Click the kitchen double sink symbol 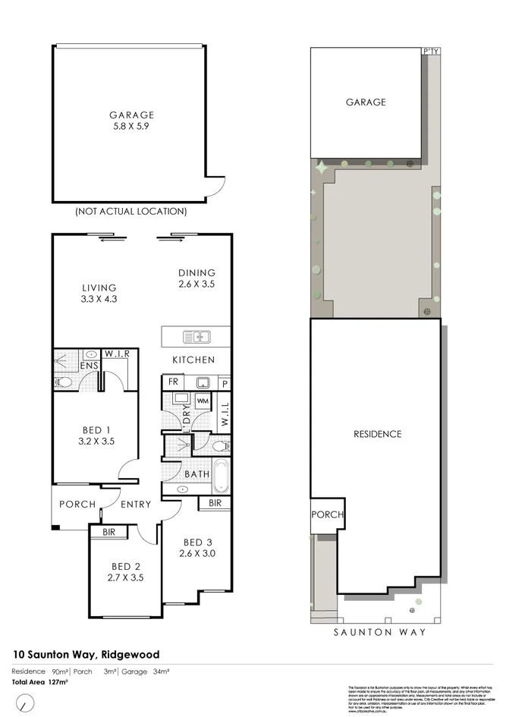tap(196, 336)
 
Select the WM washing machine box tap(203, 400)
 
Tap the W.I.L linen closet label tap(224, 414)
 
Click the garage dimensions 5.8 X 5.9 tap(130, 127)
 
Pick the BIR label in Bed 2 tap(108, 533)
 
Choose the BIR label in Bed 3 tap(214, 502)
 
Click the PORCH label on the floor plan tap(77, 505)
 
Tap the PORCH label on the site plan tap(327, 514)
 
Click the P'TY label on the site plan tap(431, 52)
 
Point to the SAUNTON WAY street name tap(380, 632)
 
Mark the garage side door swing tap(216, 184)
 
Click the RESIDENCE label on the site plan tap(377, 434)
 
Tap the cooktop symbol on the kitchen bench tap(204, 382)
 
